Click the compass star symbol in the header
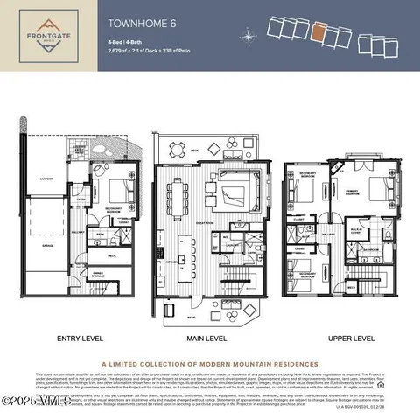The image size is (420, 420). tap(250, 37)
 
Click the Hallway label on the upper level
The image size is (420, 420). tap(330, 234)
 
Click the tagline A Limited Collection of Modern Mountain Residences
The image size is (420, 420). tap(210, 366)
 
